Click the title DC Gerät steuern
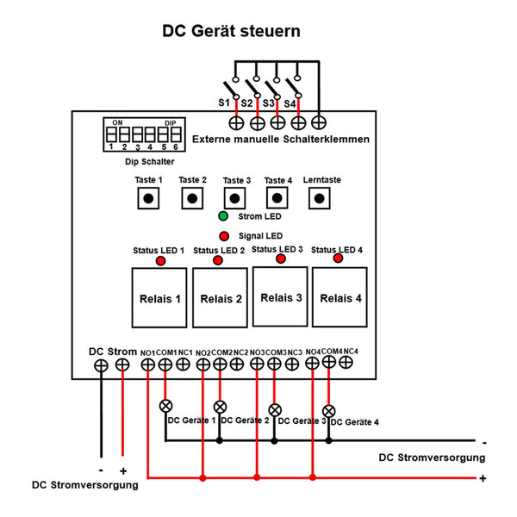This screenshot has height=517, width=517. pos(232,32)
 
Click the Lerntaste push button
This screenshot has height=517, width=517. pos(321,198)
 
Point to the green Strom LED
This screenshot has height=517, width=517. pos(224,217)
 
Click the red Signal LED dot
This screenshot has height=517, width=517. pos(224,234)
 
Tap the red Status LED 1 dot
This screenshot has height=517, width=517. pos(160,260)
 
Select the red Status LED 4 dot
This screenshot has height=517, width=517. pos(339,258)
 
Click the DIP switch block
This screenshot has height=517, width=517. pos(141,134)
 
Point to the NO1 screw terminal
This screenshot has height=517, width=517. pos(147,364)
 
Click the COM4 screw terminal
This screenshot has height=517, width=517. pos(328,363)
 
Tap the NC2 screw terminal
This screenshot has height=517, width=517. pos(239,364)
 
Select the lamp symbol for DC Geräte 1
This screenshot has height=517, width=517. pos(165,405)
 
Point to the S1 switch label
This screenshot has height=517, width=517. pos(223,103)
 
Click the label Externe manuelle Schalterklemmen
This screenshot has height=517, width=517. pos(281,139)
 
